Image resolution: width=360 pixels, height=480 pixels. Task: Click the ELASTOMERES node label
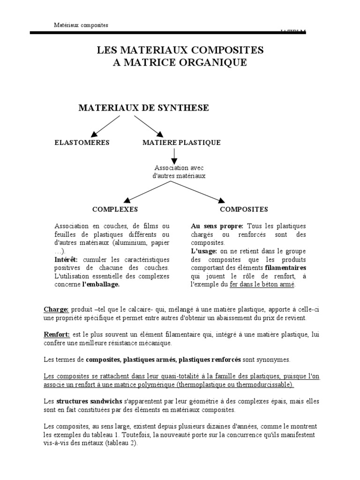82,142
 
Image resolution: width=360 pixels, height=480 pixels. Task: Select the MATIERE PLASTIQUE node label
181,142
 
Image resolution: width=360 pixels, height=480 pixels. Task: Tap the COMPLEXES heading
115,209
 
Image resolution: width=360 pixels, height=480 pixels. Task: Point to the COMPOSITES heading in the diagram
244,209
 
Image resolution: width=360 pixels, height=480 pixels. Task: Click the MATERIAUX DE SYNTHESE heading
143,108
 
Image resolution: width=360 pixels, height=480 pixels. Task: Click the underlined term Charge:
56,310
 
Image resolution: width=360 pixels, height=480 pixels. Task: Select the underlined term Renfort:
57,335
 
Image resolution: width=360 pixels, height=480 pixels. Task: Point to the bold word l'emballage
101,285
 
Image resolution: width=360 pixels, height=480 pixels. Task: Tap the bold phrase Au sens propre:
217,226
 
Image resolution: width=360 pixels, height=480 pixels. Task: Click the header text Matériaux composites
80,25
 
